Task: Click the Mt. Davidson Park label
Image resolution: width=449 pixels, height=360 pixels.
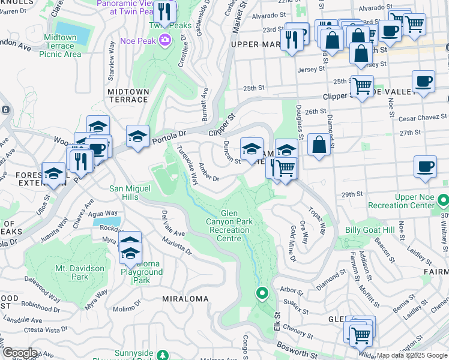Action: pos(80,272)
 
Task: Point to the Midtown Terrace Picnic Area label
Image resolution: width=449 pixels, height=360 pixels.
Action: pos(60,46)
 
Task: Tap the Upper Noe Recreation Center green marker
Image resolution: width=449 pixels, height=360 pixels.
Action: pos(443,199)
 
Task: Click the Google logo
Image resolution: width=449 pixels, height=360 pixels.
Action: pos(19,353)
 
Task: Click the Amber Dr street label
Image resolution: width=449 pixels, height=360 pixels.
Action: pos(209,172)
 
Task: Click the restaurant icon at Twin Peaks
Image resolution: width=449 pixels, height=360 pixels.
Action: pos(163,12)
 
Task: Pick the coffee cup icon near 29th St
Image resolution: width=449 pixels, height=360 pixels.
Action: pos(426,167)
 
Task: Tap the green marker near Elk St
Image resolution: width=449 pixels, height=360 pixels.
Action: pos(262,293)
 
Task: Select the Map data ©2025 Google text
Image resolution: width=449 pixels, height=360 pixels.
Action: pos(412,355)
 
